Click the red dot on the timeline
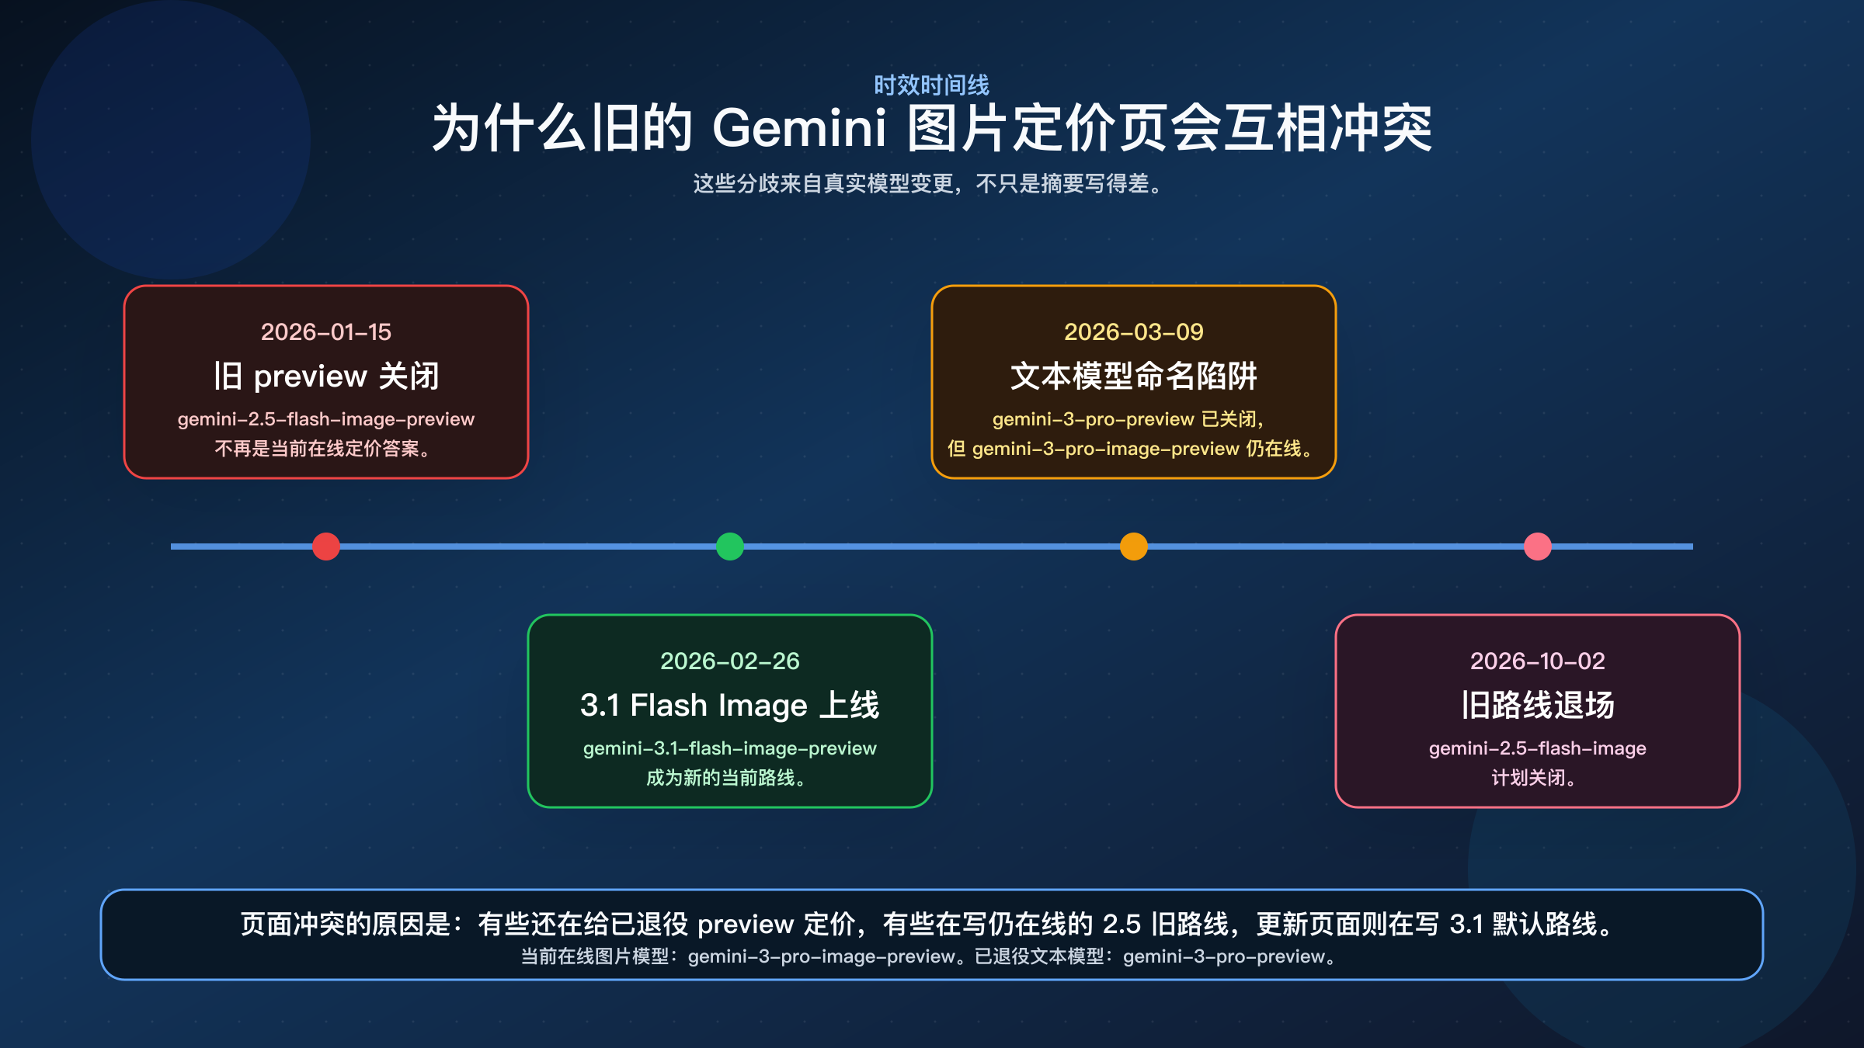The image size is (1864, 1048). coord(326,547)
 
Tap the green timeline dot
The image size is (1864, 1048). coord(730,547)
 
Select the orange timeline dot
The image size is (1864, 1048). coord(1134,547)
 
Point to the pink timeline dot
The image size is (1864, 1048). coord(1538,547)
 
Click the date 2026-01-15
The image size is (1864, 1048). coord(326,332)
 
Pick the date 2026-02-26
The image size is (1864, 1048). coord(730,661)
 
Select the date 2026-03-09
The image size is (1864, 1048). coord(1134,332)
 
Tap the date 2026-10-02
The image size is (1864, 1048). coord(1538,661)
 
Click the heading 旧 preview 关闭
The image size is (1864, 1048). coord(326,377)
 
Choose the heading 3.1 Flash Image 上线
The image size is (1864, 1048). coord(730,706)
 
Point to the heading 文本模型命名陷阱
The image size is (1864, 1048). coord(1134,377)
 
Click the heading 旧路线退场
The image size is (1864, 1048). coord(1538,706)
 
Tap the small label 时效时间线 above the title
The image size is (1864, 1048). coord(932,85)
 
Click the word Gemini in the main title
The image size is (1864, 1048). coord(799,128)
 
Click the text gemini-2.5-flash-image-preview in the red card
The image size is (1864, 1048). coord(326,419)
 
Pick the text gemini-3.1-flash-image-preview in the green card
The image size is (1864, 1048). coord(730,748)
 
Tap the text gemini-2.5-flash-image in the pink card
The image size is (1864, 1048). coord(1538,748)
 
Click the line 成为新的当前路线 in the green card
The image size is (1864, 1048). coord(727,778)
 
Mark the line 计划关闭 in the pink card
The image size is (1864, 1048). coord(1534,778)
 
